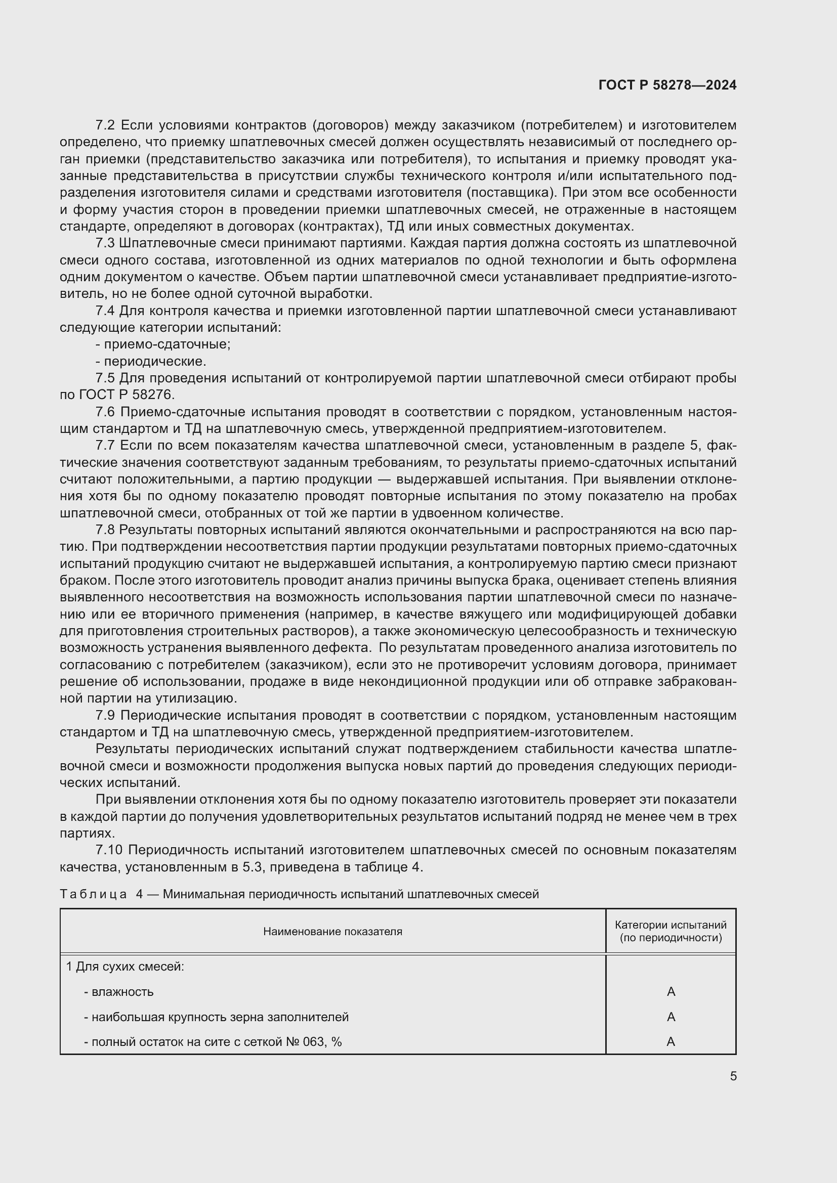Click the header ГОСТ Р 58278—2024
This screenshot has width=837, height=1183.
pos(667,85)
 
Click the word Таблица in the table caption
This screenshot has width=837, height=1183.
pos(93,894)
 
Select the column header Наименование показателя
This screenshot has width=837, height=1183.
pos(332,931)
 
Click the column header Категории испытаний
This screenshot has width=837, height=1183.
pos(671,925)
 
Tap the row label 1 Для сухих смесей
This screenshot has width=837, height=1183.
pos(124,967)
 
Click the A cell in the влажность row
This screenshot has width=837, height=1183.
pos(671,991)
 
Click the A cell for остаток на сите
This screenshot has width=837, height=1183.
pos(671,1041)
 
